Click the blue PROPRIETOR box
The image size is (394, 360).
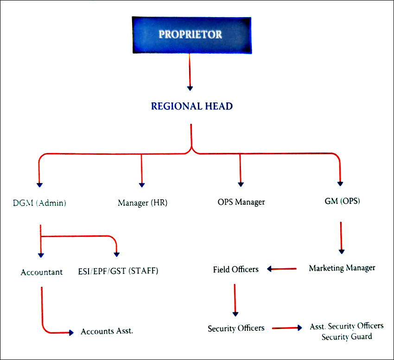pos(191,35)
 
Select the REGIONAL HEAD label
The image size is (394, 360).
pos(191,106)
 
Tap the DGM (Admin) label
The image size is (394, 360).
pos(40,202)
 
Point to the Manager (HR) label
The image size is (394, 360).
pos(142,202)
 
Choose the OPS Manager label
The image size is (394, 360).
pos(241,202)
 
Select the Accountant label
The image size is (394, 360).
pos(41,272)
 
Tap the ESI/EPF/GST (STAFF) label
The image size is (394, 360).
pos(118,271)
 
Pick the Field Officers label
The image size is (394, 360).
pos(235,269)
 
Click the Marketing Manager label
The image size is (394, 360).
pos(342,268)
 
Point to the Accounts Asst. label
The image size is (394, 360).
pos(107,331)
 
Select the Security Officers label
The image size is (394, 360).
pos(236,328)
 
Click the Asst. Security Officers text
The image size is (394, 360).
pos(346,327)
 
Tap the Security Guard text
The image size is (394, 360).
pos(347,336)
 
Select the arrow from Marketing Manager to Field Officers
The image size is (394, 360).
pos(282,268)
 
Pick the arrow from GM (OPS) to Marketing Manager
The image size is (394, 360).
pos(341,237)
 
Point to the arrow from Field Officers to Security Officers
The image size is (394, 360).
pos(235,299)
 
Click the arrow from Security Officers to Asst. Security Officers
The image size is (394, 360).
pos(287,328)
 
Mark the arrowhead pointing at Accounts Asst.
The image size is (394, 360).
pos(71,332)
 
